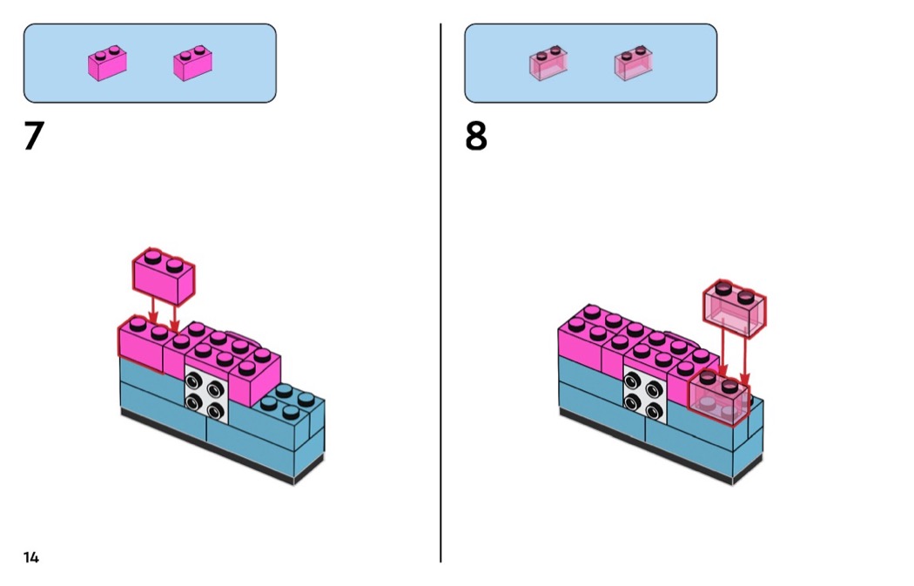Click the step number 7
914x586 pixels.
point(34,137)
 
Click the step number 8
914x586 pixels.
point(476,137)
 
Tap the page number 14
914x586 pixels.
point(31,557)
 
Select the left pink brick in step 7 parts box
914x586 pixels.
point(107,64)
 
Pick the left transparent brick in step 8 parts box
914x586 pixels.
point(548,64)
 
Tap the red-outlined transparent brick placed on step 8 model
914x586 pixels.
point(719,399)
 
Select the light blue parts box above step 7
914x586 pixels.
point(150,63)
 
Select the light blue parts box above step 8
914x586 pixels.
point(590,63)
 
